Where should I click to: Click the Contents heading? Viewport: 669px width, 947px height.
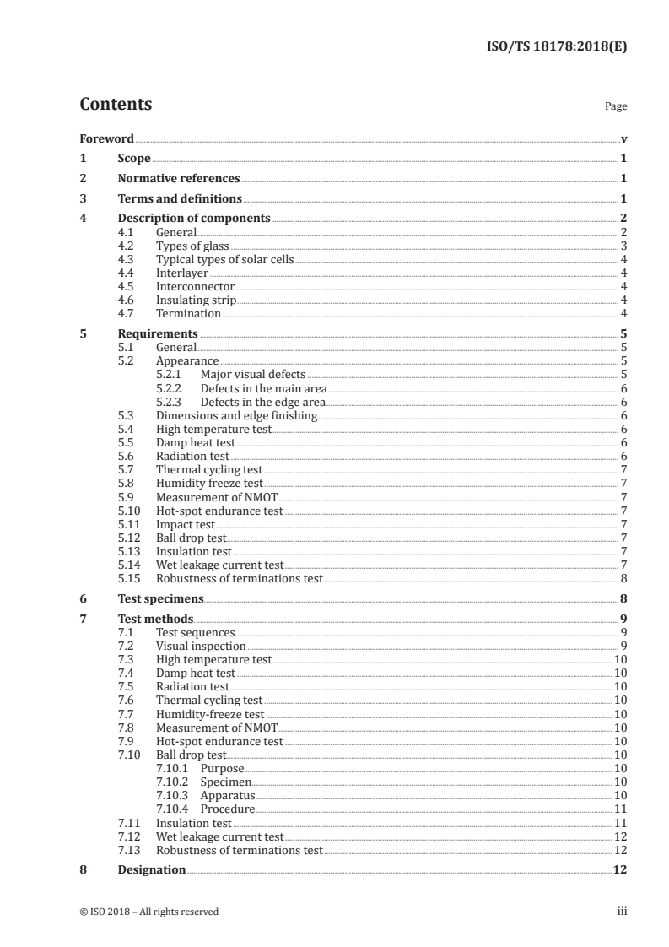coord(116,106)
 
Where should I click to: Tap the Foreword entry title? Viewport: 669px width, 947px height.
coord(106,138)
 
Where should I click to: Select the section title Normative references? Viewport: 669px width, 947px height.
coord(179,179)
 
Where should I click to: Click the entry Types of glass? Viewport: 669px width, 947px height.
coord(192,246)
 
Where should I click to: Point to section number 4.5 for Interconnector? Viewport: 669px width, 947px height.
coord(127,286)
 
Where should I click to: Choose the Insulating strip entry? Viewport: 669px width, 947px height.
coord(196,300)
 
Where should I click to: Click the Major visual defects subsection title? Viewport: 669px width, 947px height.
coord(253,374)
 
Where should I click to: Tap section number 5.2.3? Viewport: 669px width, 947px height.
coord(170,401)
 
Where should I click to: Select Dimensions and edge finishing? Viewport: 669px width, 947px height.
coord(236,415)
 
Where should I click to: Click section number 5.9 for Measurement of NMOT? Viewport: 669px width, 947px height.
coord(127,497)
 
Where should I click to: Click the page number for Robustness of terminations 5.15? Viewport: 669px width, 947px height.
coord(623,578)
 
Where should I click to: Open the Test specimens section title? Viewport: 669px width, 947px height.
coord(161,598)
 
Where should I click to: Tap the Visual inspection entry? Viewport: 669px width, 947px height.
coord(201,646)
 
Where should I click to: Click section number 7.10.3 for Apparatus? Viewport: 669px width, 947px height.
coord(172,795)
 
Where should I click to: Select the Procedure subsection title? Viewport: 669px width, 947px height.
coord(227,809)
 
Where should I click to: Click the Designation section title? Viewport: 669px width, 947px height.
coord(152,869)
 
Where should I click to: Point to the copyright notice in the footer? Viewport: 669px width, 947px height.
coord(149,912)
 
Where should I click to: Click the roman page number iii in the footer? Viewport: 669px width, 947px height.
coord(623,912)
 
